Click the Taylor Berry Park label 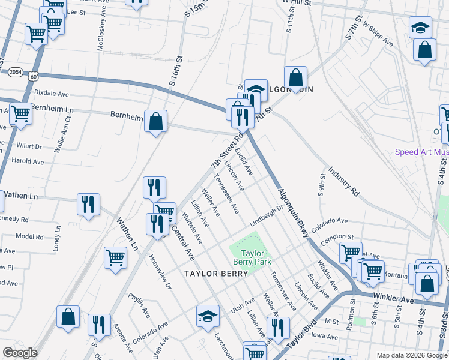coord(253,257)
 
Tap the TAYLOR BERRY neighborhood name coord(216,274)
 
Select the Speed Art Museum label coord(421,152)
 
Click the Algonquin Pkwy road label coord(293,213)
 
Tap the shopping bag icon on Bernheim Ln coord(155,121)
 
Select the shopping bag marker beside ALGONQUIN coord(295,77)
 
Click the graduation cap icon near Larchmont coord(208,315)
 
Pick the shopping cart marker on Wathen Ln coord(115,257)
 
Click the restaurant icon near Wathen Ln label coord(88,204)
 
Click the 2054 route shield coord(16,71)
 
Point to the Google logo coord(20,353)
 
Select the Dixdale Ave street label coord(52,94)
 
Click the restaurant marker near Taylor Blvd coord(277,328)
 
